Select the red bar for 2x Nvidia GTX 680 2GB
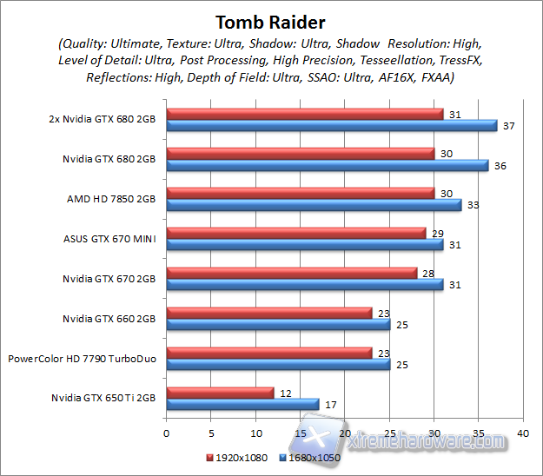(304, 114)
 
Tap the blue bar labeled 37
(331, 125)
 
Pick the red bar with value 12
(220, 393)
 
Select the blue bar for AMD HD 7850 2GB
(314, 205)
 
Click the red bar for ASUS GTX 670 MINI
(295, 234)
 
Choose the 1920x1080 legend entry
(236, 456)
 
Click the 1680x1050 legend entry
(308, 456)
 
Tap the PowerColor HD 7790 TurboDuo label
(83, 358)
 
